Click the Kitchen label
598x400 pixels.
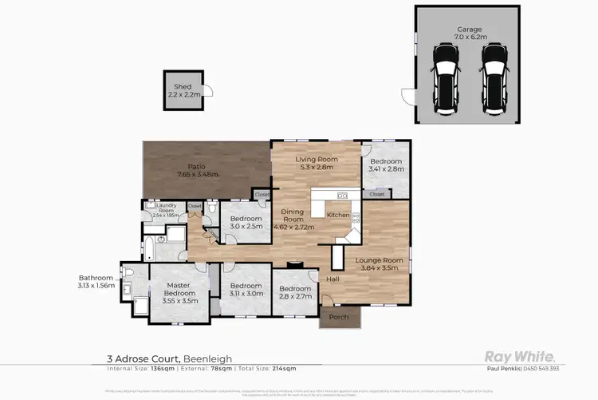pyautogui.click(x=338, y=215)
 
